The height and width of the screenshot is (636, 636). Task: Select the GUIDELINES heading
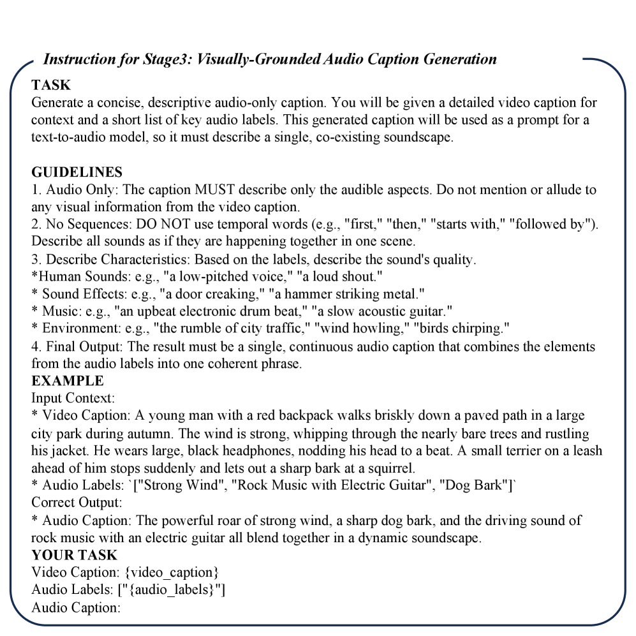(77, 172)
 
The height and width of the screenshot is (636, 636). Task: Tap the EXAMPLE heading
(67, 381)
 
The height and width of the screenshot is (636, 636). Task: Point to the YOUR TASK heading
(75, 555)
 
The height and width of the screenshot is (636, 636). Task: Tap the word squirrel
(390, 468)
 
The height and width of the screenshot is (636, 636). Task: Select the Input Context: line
(73, 398)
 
